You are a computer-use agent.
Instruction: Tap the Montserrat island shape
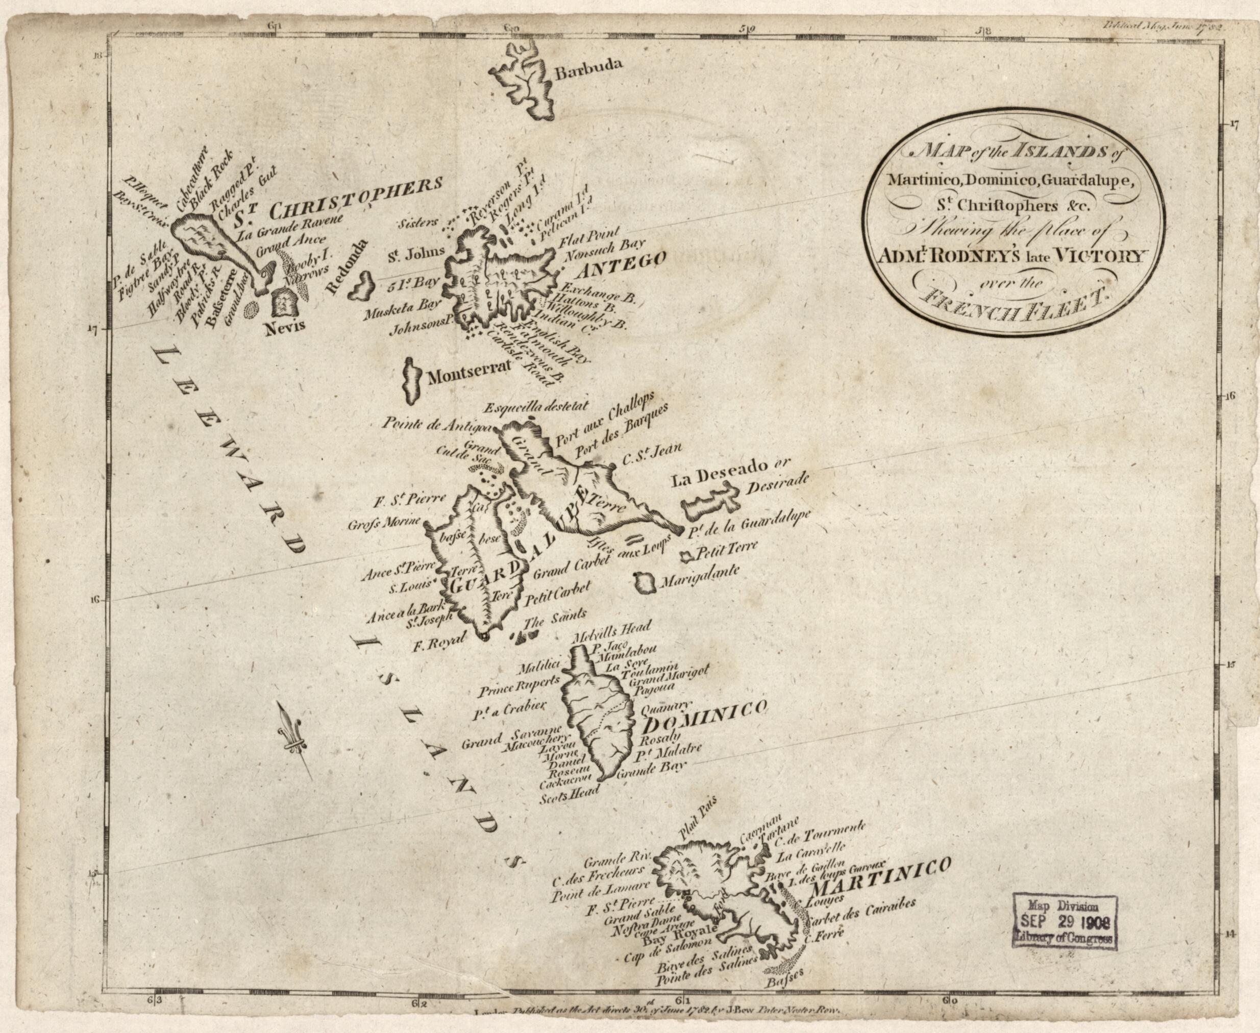(x=410, y=380)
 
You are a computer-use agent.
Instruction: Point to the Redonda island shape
(x=360, y=287)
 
